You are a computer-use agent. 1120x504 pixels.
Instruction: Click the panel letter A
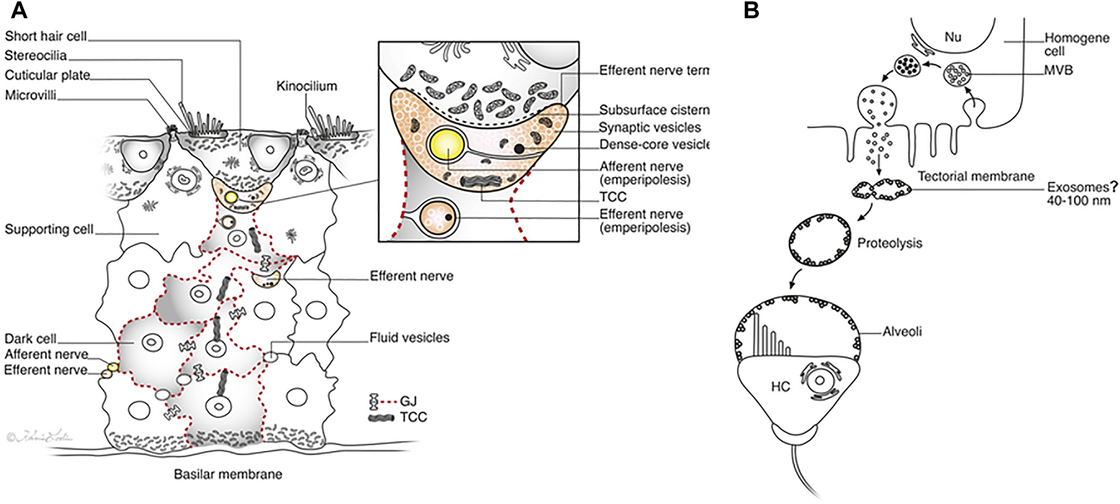pyautogui.click(x=20, y=11)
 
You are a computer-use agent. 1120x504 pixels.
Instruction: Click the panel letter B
pyautogui.click(x=751, y=11)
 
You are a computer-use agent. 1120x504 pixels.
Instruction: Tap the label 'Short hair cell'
pyautogui.click(x=46, y=37)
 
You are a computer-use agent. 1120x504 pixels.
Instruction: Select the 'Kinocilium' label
pyautogui.click(x=307, y=86)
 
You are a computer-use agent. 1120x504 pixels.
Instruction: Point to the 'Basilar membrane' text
pyautogui.click(x=228, y=474)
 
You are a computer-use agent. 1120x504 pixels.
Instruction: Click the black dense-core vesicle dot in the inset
pyautogui.click(x=519, y=149)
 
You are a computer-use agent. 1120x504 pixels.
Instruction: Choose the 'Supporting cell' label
pyautogui.click(x=49, y=229)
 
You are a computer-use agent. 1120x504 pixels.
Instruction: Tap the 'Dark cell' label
pyautogui.click(x=30, y=339)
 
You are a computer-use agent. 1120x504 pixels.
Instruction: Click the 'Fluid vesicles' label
pyautogui.click(x=410, y=338)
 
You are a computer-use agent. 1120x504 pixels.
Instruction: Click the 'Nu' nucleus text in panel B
pyautogui.click(x=953, y=37)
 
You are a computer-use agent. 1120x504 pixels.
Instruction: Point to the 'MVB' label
pyautogui.click(x=1059, y=70)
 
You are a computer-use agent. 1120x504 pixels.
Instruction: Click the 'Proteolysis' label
pyautogui.click(x=889, y=243)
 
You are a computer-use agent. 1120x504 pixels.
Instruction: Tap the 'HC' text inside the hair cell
pyautogui.click(x=781, y=387)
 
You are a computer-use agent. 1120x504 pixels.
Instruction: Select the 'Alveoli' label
pyautogui.click(x=902, y=331)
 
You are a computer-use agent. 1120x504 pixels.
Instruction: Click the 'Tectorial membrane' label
pyautogui.click(x=976, y=176)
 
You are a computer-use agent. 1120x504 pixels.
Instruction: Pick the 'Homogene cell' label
pyautogui.click(x=1076, y=44)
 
